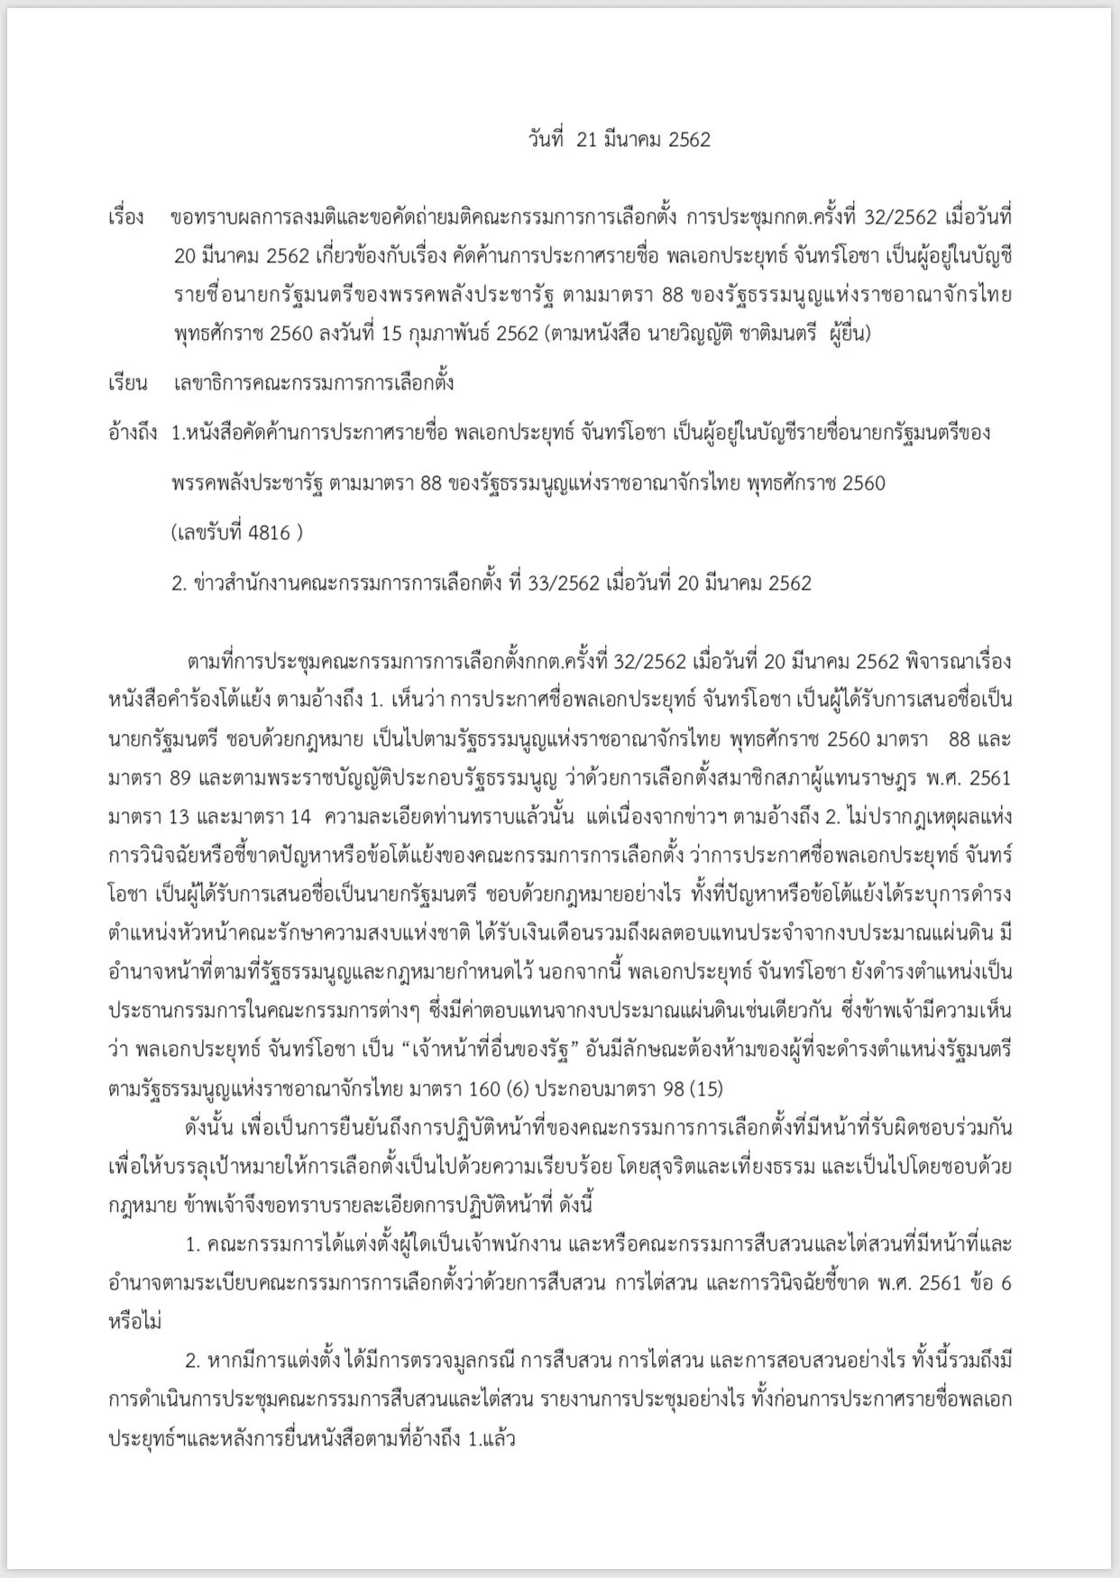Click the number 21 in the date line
click(x=586, y=140)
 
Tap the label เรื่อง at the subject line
click(x=126, y=218)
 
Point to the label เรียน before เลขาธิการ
click(x=127, y=383)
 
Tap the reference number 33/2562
click(x=564, y=583)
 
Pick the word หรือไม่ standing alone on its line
click(x=135, y=1322)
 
